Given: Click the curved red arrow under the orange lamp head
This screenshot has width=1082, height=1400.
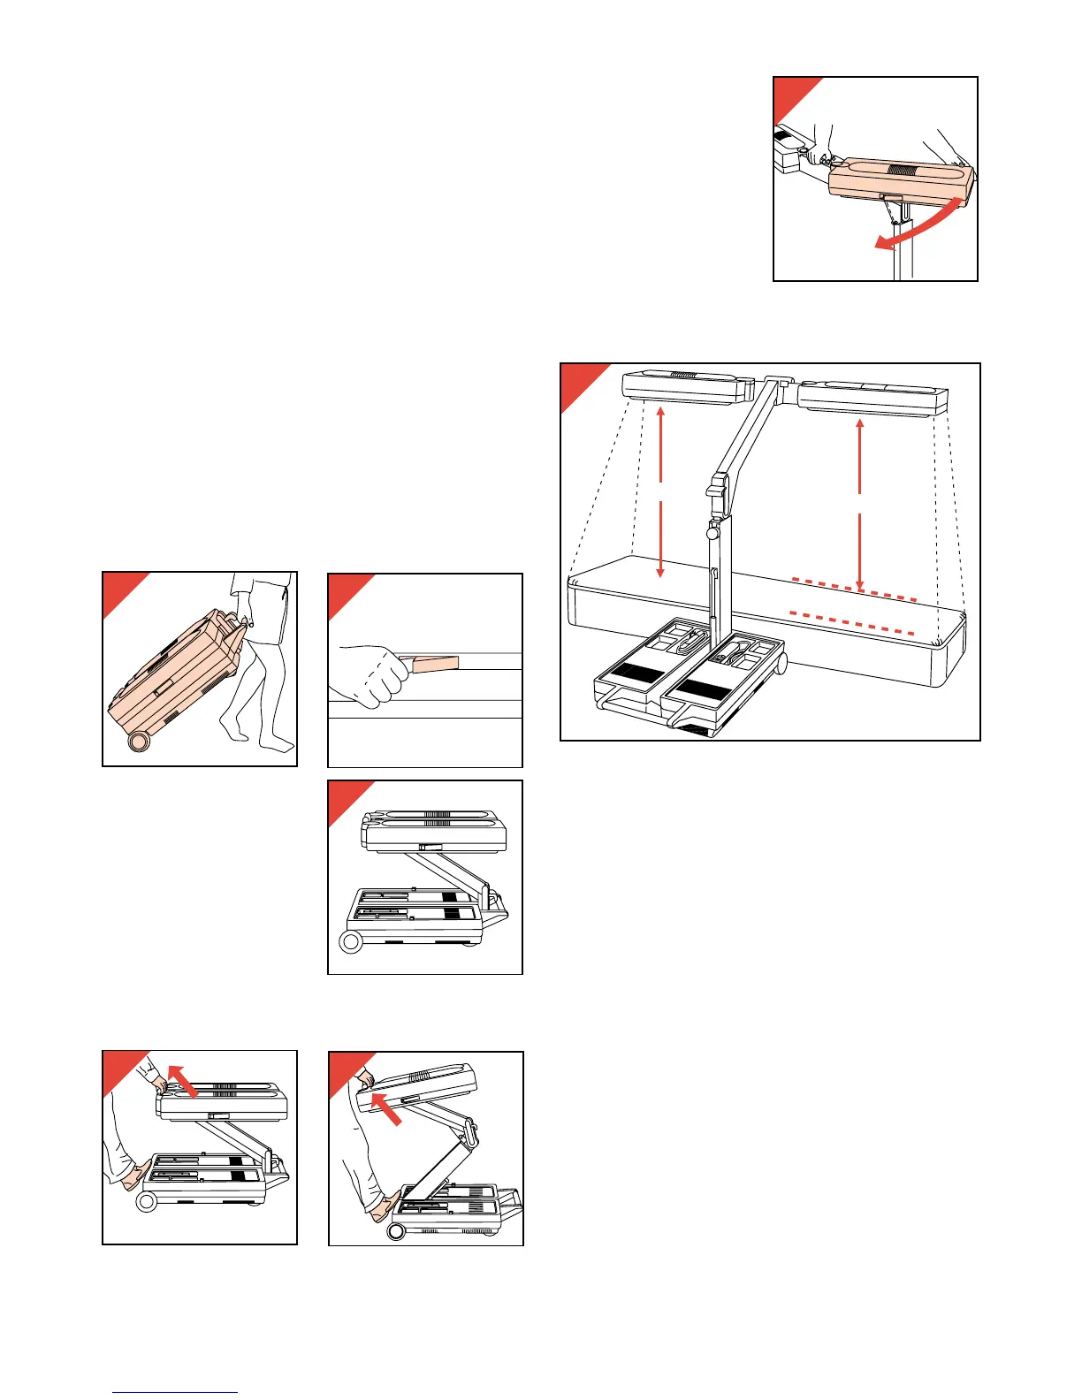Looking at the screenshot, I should click(919, 224).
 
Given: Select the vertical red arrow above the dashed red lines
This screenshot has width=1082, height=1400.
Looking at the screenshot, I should click(860, 504).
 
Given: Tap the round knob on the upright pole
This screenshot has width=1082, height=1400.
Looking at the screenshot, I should click(712, 533).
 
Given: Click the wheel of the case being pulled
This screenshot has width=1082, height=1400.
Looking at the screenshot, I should click(137, 741).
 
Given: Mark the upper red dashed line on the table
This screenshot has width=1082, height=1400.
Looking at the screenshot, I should click(853, 590).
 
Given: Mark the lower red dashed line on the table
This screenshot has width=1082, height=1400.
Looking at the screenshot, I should click(851, 622).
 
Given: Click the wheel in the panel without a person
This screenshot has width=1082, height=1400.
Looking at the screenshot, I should click(351, 942).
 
